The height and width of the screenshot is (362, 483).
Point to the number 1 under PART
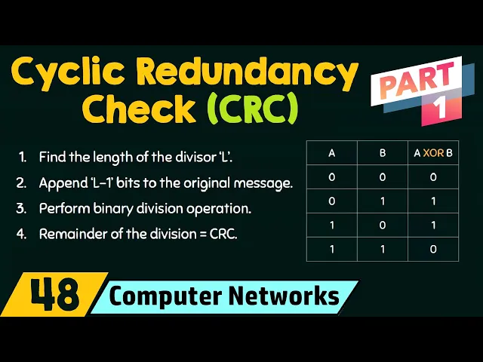coord(440,109)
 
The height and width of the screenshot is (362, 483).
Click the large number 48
coord(55,295)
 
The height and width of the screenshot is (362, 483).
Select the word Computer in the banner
coord(165,296)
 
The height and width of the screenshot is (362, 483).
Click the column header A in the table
coord(331,153)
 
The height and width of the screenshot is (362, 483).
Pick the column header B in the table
coord(383,153)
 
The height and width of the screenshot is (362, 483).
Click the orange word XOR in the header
coord(433,153)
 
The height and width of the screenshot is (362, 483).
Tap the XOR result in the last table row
coord(433,249)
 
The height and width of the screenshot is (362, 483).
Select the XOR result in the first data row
coord(433,177)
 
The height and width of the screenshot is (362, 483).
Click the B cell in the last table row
coord(383,249)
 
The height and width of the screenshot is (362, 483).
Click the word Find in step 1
coord(52,157)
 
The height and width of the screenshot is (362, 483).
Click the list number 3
coord(21,209)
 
